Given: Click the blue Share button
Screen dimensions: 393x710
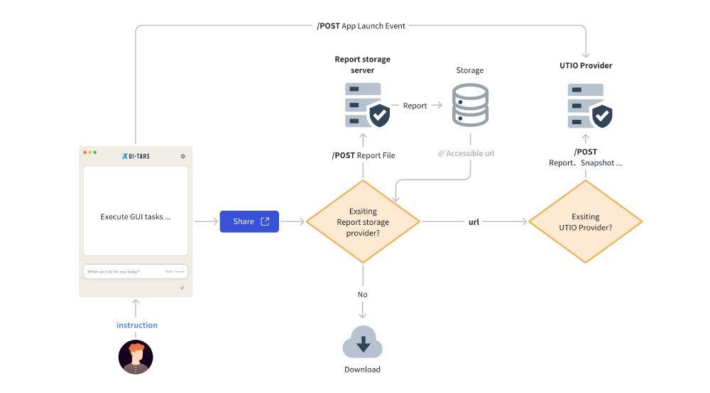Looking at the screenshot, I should pyautogui.click(x=249, y=221).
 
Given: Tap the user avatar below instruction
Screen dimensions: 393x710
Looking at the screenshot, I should pyautogui.click(x=136, y=357).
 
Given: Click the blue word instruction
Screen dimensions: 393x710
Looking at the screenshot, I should pyautogui.click(x=137, y=325).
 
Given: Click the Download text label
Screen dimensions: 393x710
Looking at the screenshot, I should pyautogui.click(x=363, y=370).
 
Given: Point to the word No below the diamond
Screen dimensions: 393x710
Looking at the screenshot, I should pyautogui.click(x=363, y=294).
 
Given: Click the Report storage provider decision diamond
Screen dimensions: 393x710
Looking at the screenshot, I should pyautogui.click(x=363, y=222).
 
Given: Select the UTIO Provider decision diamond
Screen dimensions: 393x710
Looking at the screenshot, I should pyautogui.click(x=586, y=222).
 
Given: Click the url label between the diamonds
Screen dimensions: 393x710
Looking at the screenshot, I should pyautogui.click(x=474, y=222).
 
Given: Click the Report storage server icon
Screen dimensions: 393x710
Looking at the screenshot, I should pyautogui.click(x=366, y=105).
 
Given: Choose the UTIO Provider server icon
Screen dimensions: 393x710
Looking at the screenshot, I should pyautogui.click(x=589, y=105).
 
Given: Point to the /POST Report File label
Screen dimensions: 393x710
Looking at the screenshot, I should pyautogui.click(x=364, y=155).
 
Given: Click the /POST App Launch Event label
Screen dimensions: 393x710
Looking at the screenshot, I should pyautogui.click(x=361, y=26).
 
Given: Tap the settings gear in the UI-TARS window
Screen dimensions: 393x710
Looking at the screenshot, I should pyautogui.click(x=183, y=156).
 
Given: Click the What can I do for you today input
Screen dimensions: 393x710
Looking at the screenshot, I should pyautogui.click(x=135, y=272).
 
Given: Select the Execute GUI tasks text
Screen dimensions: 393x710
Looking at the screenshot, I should pyautogui.click(x=135, y=217).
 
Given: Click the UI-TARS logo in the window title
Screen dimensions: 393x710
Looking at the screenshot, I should pyautogui.click(x=135, y=156).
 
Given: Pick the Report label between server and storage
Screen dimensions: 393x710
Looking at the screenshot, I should pyautogui.click(x=415, y=106).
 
